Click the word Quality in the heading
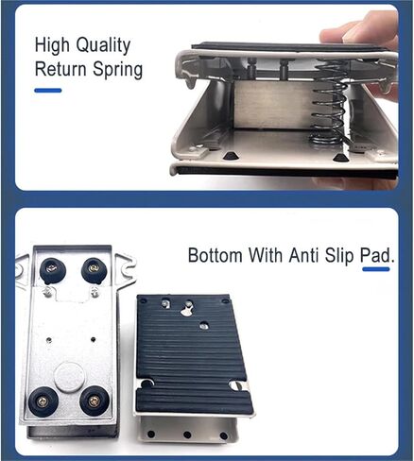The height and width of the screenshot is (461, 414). [x=103, y=46]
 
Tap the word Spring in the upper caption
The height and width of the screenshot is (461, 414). [x=118, y=70]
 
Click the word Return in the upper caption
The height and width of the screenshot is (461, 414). [x=60, y=68]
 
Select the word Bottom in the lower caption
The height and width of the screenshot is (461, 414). [x=216, y=255]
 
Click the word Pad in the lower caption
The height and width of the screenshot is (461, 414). [x=377, y=255]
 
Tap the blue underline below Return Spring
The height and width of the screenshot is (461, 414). [x=48, y=91]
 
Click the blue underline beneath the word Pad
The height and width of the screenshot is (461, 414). [x=376, y=269]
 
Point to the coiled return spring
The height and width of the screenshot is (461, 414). [x=329, y=103]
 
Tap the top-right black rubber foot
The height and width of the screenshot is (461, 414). [x=94, y=270]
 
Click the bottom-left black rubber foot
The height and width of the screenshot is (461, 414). [x=42, y=401]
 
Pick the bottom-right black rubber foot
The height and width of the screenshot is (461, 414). [x=94, y=401]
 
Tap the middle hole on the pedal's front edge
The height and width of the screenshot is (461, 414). [x=187, y=435]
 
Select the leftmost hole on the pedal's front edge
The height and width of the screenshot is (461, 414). [x=151, y=435]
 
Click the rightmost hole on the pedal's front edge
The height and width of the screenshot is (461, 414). [x=223, y=436]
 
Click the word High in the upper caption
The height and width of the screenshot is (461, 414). [x=52, y=46]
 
